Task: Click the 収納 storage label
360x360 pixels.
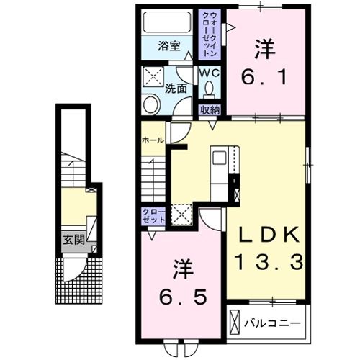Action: pos(210,109)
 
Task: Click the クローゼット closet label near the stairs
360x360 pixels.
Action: pos(153,215)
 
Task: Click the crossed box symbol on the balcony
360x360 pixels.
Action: pos(235,321)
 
